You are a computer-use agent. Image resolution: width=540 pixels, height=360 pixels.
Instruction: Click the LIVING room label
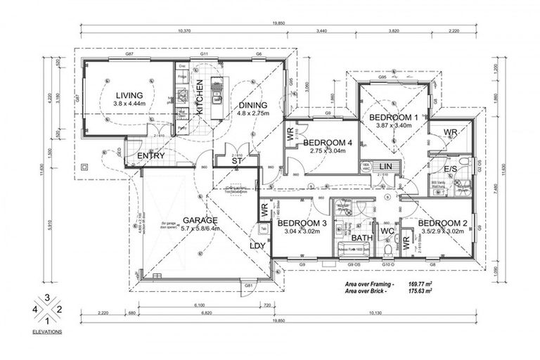pos(129,95)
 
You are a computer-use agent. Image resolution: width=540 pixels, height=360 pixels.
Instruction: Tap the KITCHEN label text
pos(199,96)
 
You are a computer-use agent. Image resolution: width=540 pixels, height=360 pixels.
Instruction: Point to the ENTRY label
pos(151,155)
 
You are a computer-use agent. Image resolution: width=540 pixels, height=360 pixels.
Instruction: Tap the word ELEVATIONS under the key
pos(47,330)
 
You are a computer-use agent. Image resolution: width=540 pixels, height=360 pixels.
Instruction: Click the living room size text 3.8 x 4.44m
pos(129,103)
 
